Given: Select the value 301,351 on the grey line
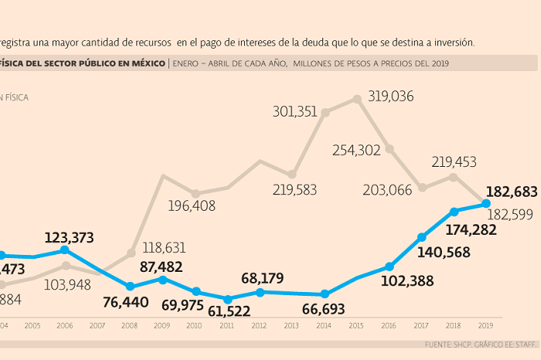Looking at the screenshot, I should (294, 112).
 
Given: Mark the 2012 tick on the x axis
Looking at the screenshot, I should (259, 326).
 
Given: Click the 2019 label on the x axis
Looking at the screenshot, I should (486, 326).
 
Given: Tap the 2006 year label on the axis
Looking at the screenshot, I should (65, 326).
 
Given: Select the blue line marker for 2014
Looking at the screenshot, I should (325, 294).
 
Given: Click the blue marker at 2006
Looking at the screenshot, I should (66, 250).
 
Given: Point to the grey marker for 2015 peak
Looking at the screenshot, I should (357, 99).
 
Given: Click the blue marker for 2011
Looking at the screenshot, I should (227, 299).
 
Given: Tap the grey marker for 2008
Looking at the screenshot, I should (131, 252).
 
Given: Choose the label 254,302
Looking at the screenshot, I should (356, 151).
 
